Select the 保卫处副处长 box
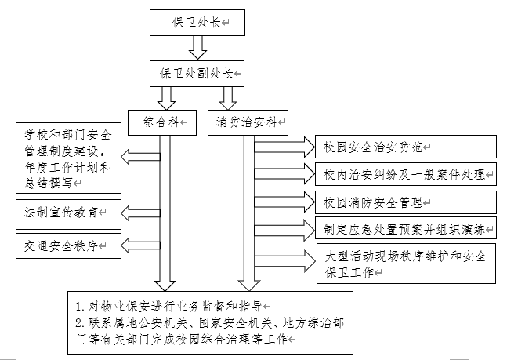(x=199, y=73)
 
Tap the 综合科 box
(x=168, y=122)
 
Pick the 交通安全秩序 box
(x=67, y=246)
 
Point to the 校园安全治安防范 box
(x=406, y=147)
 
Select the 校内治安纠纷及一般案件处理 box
(x=406, y=173)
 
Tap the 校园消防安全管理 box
(x=406, y=202)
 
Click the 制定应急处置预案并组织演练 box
(x=406, y=229)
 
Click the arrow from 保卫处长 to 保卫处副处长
(x=198, y=49)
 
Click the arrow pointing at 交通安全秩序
(x=141, y=246)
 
